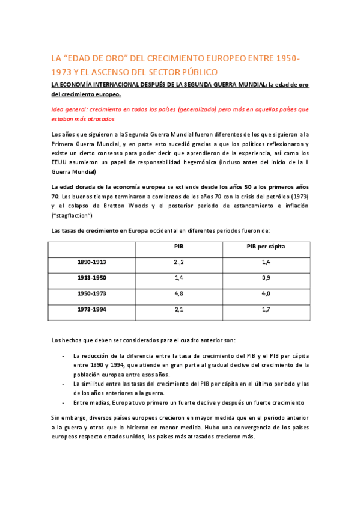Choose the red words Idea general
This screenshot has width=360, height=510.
(x=69, y=109)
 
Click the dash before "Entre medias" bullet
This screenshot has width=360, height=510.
(x=64, y=402)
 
